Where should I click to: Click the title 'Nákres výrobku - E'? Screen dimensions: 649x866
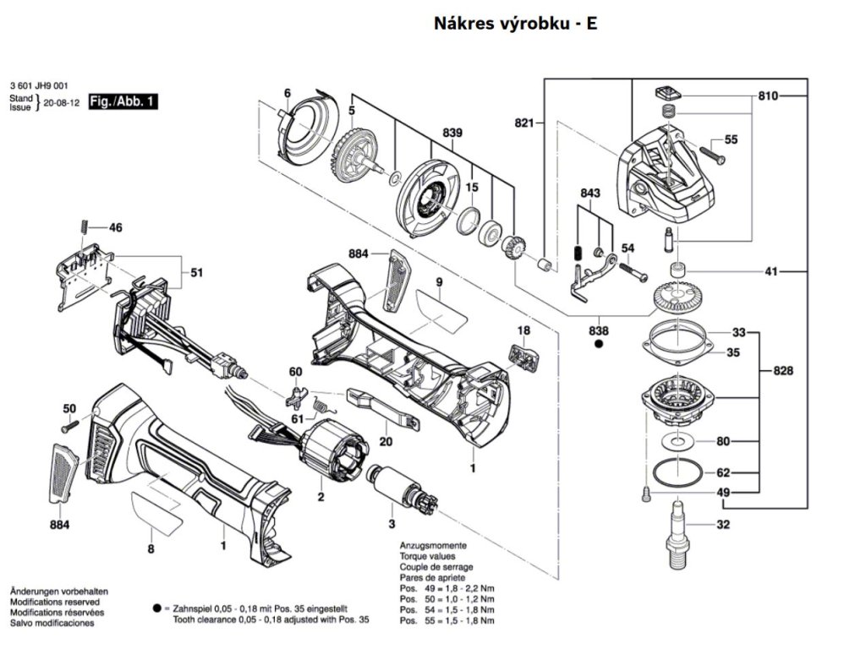515,23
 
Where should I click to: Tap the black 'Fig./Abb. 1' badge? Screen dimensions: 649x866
123,101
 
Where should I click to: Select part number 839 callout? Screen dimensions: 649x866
452,134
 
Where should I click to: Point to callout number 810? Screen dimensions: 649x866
767,96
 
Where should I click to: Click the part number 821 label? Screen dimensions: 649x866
524,124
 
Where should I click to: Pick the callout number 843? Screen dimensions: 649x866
589,194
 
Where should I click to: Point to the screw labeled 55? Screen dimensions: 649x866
709,155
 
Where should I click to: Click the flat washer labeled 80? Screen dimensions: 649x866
677,441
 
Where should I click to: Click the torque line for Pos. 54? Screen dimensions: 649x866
447,609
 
